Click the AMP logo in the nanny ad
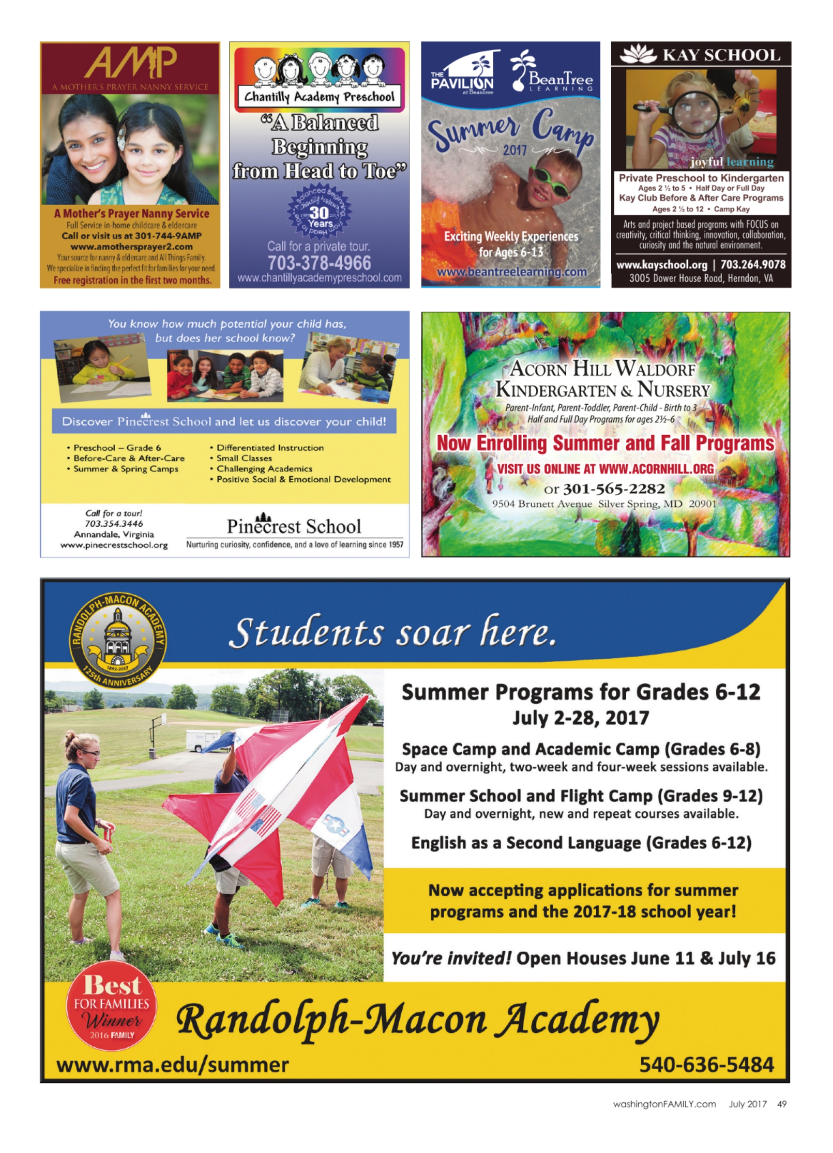point(130,63)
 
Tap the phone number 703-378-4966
point(319,263)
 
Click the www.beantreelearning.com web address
point(511,272)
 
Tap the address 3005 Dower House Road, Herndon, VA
point(701,278)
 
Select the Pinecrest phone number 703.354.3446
point(114,524)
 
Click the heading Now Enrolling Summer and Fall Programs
point(605,443)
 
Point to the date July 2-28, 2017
point(580,718)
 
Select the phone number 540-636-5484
point(706,1064)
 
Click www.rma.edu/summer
point(172,1064)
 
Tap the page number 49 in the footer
point(782,1104)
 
